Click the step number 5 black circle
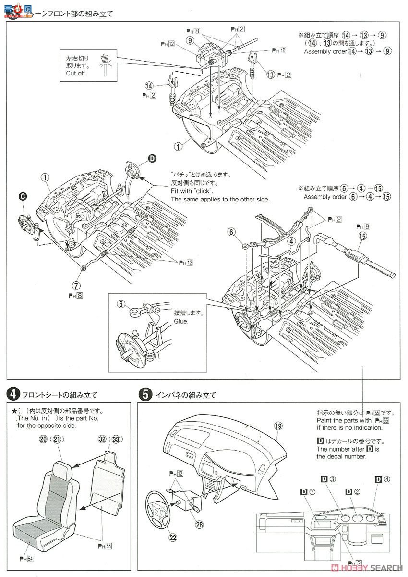pyautogui.click(x=145, y=395)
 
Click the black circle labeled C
pyautogui.click(x=22, y=195)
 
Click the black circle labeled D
pyautogui.click(x=152, y=158)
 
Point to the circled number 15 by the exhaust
pyautogui.click(x=362, y=235)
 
